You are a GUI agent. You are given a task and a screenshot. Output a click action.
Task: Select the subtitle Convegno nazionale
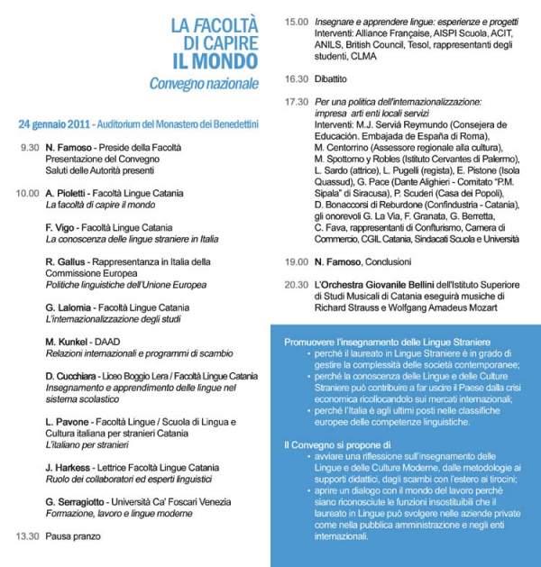205,84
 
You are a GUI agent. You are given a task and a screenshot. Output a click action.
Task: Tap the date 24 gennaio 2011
60,122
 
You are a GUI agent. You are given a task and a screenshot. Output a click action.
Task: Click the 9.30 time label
30,147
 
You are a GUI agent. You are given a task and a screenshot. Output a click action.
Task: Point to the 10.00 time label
27,193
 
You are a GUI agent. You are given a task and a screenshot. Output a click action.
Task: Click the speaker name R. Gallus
66,261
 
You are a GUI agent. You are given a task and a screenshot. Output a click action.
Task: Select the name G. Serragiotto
78,501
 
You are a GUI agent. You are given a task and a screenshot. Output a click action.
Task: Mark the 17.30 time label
296,102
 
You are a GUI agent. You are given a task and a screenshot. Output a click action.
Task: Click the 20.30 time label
296,284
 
